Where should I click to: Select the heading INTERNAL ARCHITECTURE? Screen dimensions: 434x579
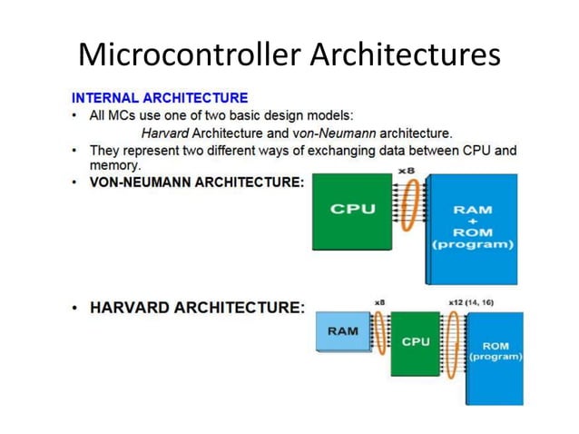[x=159, y=97]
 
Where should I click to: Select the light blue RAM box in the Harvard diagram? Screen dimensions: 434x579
[x=341, y=331]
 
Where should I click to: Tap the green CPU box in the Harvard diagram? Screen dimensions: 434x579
[x=415, y=342]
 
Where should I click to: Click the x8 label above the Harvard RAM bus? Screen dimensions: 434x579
[x=379, y=301]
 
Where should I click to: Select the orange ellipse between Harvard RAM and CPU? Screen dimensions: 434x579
[x=380, y=332]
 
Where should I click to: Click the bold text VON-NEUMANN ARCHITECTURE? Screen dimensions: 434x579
[x=197, y=182]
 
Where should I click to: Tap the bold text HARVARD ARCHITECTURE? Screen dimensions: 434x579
[x=197, y=307]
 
